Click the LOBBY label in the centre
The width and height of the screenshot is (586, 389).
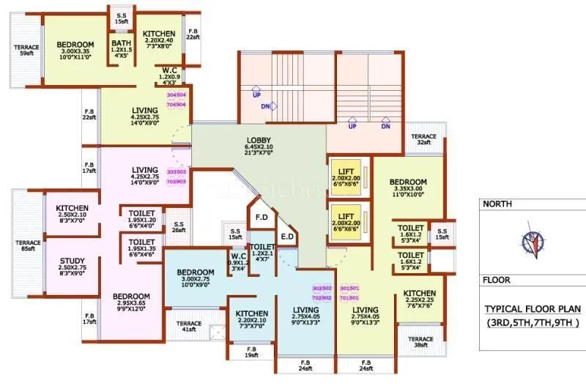(x=258, y=147)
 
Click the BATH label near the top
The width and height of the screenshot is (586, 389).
(x=121, y=48)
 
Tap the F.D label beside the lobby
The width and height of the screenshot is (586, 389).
(x=261, y=218)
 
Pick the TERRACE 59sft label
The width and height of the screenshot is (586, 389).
(x=26, y=51)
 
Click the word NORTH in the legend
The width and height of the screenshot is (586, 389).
(x=498, y=204)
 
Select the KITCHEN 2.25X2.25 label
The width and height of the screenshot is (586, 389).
(x=420, y=299)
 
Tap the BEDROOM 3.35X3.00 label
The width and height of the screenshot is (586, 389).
(x=408, y=187)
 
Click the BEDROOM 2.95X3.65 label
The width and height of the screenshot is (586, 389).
(x=131, y=302)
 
